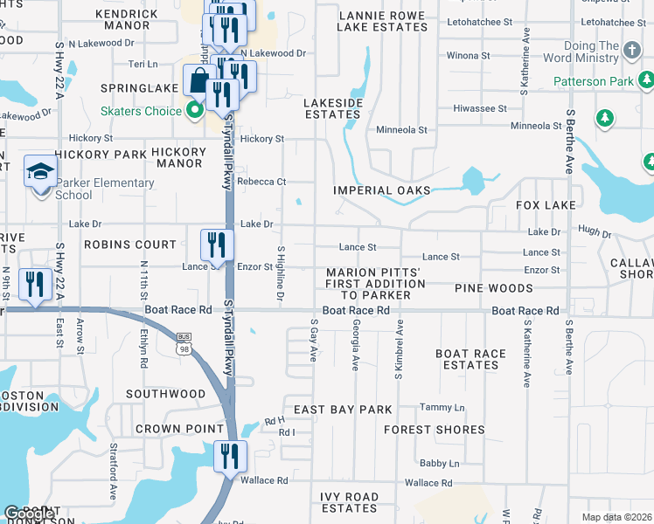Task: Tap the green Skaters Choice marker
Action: click(x=195, y=111)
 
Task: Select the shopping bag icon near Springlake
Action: click(x=198, y=80)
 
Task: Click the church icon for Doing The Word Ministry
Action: click(x=635, y=49)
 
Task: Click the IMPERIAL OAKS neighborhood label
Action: click(x=382, y=190)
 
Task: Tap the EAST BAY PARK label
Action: click(x=343, y=410)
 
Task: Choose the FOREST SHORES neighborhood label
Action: click(x=434, y=430)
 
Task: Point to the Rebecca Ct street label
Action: click(x=263, y=182)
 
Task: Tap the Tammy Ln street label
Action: click(x=442, y=408)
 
